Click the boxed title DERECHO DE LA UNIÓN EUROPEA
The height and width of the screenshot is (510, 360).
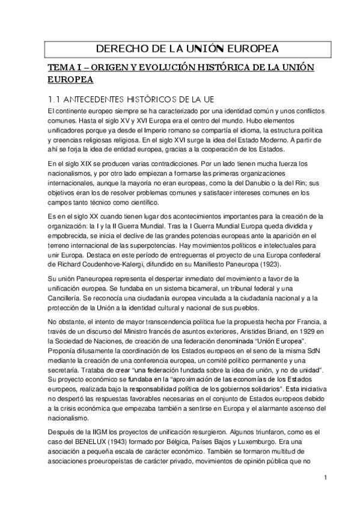tap(180, 48)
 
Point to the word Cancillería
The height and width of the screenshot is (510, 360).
tap(64, 299)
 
